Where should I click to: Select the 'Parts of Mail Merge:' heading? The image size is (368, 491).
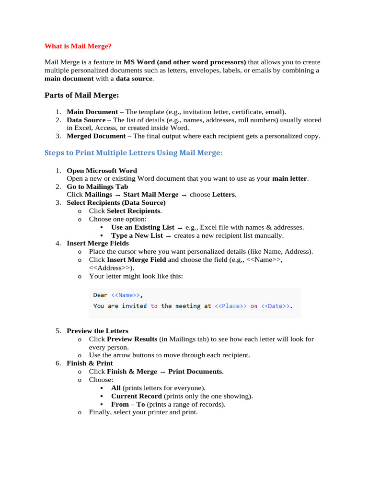coord(81,95)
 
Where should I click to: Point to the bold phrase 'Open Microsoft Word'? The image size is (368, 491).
coord(102,171)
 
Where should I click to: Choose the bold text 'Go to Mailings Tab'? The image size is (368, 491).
coord(97,187)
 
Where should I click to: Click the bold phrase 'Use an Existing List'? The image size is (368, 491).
coord(142,227)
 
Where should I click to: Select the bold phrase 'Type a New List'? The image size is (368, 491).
coord(137,235)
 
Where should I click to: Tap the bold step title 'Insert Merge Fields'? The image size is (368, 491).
coord(98,244)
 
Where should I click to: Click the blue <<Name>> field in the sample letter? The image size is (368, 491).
coord(126,295)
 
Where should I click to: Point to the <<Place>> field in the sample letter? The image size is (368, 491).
coord(231,306)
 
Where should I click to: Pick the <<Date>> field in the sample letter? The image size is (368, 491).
coord(276,306)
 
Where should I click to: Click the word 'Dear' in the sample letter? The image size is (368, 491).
coord(100,295)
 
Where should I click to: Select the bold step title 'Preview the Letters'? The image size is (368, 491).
coord(97,331)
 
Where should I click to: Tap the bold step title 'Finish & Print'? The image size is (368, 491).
coord(90,363)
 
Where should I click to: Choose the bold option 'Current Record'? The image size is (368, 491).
coord(136,396)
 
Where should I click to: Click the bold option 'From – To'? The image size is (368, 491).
coord(128,404)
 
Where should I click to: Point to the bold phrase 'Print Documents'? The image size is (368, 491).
coord(195,372)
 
